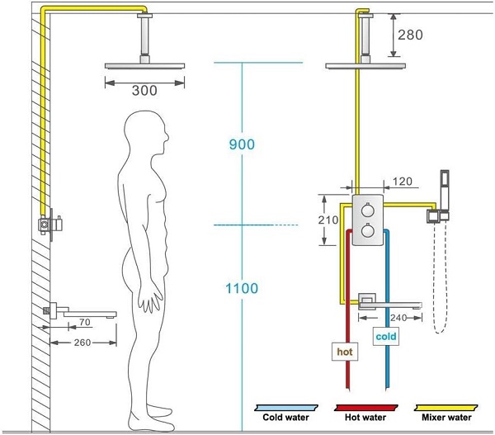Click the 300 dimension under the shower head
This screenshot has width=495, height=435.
144,91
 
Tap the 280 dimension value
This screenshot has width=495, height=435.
410,35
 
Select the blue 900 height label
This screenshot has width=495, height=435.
242,144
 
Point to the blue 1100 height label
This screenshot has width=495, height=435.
242,288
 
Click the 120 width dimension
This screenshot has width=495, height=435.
403,182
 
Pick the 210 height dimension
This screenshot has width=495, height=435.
328,220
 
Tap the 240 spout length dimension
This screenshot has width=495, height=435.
398,318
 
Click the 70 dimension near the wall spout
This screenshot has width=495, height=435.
85,322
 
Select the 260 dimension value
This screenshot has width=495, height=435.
82,343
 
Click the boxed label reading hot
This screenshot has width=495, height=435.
345,352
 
